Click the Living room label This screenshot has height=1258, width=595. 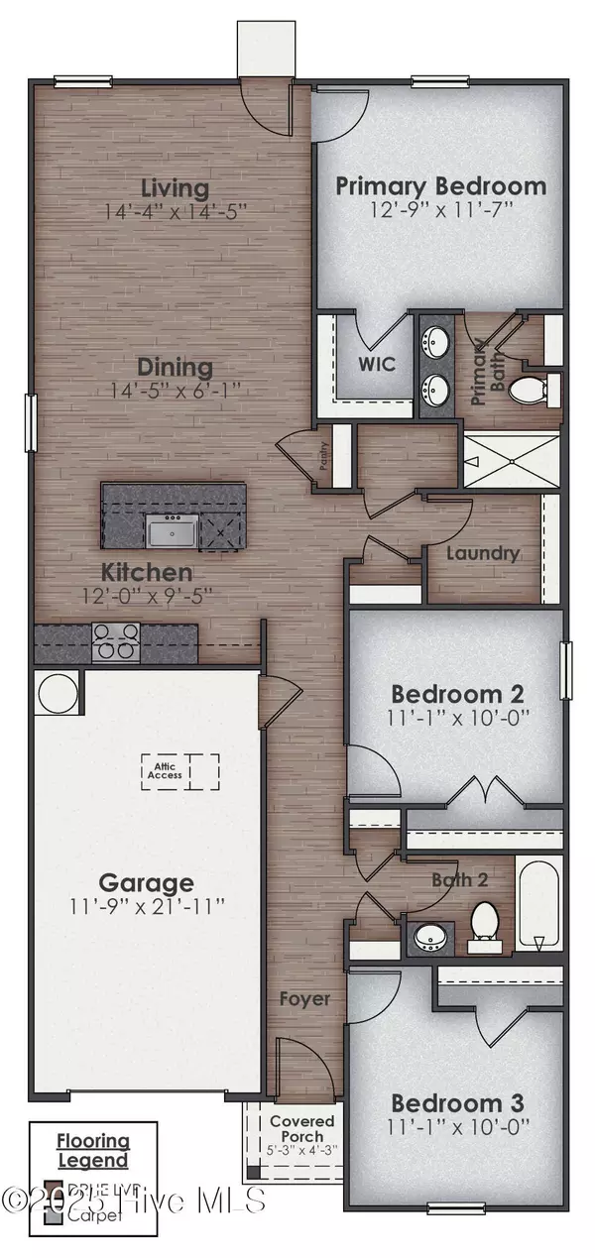[x=175, y=187]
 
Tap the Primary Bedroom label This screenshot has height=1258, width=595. [x=440, y=185]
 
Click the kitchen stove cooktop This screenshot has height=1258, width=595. [x=115, y=642]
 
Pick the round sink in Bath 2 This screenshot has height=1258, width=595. [x=430, y=934]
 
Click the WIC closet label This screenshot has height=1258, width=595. [x=376, y=365]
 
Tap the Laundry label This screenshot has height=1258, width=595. [x=483, y=553]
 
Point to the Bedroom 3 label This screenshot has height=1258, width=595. [x=456, y=1102]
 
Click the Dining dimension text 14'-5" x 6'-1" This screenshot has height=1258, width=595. [x=175, y=390]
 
